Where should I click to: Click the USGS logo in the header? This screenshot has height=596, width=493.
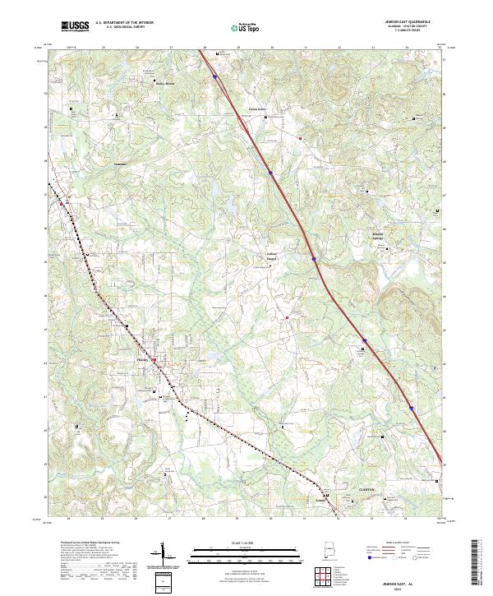[75, 26]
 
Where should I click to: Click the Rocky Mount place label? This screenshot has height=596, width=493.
[166, 83]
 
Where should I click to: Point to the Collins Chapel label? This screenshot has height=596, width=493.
[271, 256]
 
